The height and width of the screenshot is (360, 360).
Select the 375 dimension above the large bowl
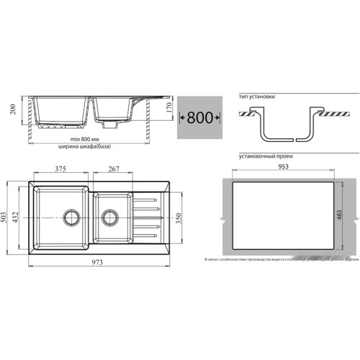60,170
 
